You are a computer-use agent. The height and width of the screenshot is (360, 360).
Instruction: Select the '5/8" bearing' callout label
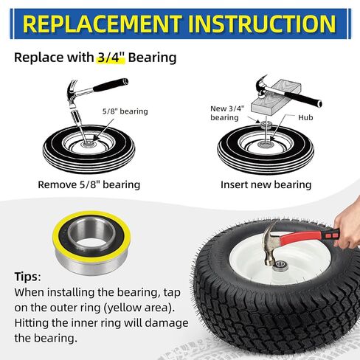click(125, 111)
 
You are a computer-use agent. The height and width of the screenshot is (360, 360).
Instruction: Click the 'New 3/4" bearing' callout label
click(225, 113)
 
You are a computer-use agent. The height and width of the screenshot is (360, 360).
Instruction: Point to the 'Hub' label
click(308, 117)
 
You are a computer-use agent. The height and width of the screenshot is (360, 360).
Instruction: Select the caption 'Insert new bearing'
click(266, 184)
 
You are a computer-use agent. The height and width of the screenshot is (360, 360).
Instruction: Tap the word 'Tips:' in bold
click(30, 277)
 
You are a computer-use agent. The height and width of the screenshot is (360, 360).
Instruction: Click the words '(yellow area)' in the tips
click(141, 307)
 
